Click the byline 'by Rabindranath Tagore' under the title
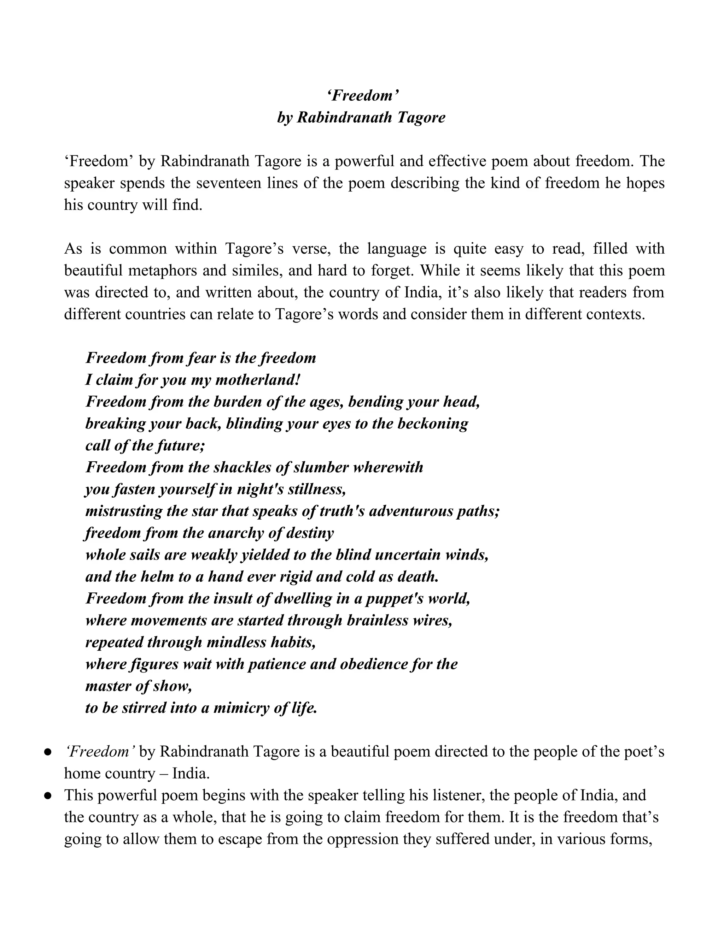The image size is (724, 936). pos(361,117)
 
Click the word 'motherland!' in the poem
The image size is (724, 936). pos(258,380)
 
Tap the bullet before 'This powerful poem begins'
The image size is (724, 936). pos(48,796)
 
